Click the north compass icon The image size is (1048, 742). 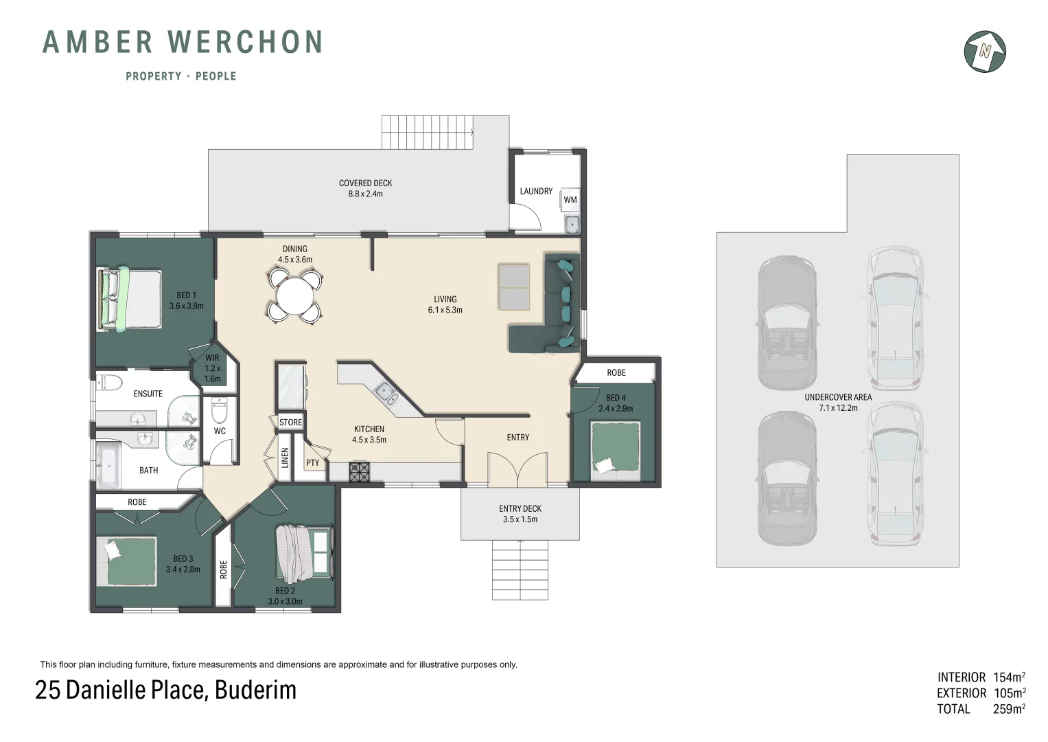[985, 52]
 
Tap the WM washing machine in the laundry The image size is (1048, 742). [570, 199]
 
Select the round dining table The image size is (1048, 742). [294, 296]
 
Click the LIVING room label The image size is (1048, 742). [445, 299]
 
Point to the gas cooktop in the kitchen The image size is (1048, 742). [360, 472]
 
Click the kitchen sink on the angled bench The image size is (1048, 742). [387, 393]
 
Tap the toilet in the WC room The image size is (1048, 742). [220, 410]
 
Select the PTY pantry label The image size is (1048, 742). [312, 463]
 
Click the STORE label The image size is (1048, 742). [290, 422]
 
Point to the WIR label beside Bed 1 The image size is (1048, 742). [212, 357]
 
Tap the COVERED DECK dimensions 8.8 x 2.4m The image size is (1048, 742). [365, 194]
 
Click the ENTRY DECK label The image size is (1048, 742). [520, 508]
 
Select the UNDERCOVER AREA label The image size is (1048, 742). [839, 397]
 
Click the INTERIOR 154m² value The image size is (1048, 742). [1009, 677]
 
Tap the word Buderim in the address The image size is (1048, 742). [255, 690]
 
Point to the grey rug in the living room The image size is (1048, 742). [514, 287]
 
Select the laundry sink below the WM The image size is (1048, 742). [571, 224]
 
